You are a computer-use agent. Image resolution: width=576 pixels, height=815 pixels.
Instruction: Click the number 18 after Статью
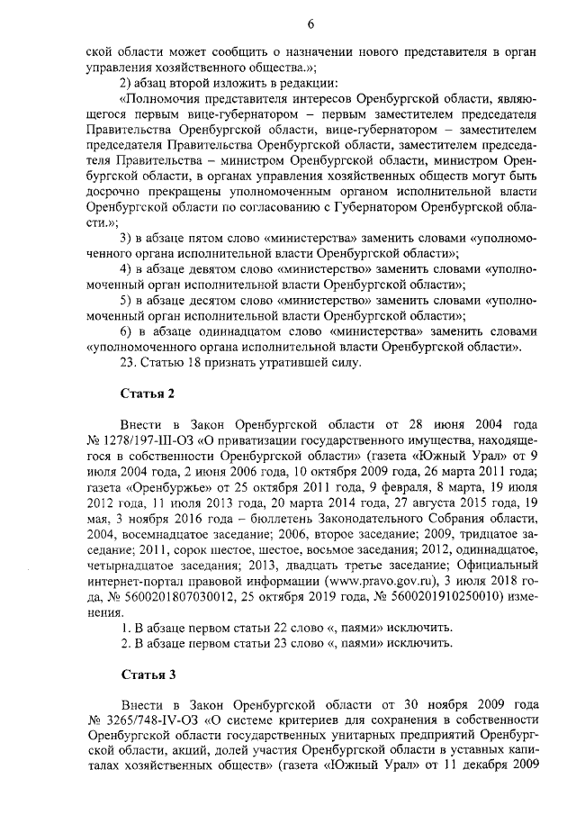tap(187, 363)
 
